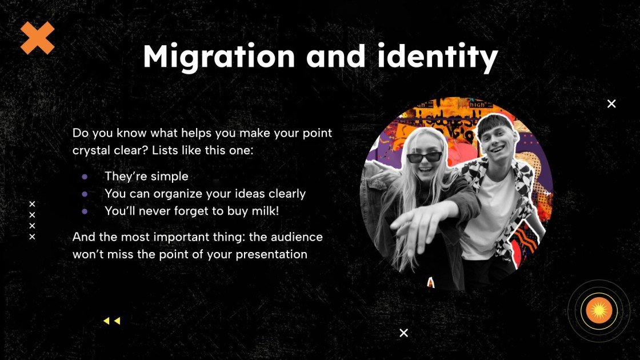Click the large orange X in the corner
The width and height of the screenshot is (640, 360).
click(x=37, y=38)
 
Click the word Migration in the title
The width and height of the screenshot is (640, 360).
click(x=219, y=57)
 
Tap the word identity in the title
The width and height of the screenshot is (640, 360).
click(x=437, y=57)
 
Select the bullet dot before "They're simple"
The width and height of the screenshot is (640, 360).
click(x=85, y=177)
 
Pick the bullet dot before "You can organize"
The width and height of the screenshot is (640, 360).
click(x=85, y=194)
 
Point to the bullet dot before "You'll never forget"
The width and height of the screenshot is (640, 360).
click(x=85, y=211)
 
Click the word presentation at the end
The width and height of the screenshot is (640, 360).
click(x=271, y=255)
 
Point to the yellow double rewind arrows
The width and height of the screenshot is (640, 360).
click(x=112, y=321)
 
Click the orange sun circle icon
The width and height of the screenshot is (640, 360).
click(x=599, y=311)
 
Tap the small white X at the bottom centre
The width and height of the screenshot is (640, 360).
click(x=403, y=333)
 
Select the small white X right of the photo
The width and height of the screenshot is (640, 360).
click(x=611, y=103)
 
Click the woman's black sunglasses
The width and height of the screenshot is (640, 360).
click(x=425, y=157)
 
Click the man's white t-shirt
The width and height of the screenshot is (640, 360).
click(x=488, y=212)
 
